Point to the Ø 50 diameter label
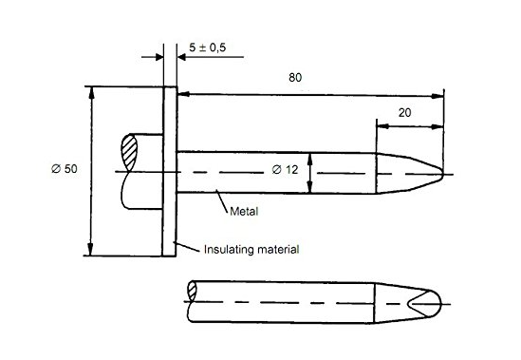click(64, 169)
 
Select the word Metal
click(244, 211)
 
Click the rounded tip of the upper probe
click(439, 172)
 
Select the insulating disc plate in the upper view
click(170, 171)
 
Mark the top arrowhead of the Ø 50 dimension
click(91, 92)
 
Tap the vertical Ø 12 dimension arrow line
click(310, 172)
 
